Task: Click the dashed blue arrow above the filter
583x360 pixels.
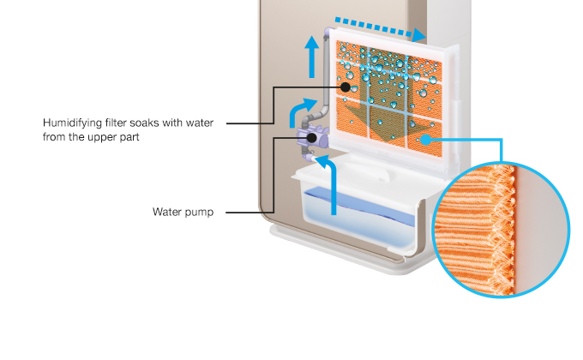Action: (x=377, y=27)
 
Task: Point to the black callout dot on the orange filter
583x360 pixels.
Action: (x=346, y=87)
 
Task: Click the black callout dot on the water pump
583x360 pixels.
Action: (x=312, y=138)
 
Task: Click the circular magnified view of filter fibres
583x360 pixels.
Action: (x=502, y=227)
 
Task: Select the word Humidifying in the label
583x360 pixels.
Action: (x=72, y=123)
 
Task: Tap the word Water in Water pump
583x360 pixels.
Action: (x=169, y=212)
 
